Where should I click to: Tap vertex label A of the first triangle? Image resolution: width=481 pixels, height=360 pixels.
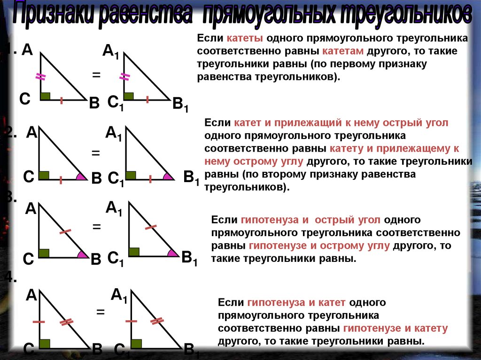(x=27, y=50)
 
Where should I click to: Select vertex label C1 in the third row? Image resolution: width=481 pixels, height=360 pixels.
(x=116, y=259)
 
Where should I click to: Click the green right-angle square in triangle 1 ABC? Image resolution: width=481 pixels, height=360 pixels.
(x=46, y=96)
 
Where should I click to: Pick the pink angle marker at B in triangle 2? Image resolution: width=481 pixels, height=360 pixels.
(x=82, y=176)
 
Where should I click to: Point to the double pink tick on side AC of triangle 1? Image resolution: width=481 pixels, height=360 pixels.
(x=40, y=77)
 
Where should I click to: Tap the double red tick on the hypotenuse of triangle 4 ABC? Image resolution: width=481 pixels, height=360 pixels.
(x=67, y=322)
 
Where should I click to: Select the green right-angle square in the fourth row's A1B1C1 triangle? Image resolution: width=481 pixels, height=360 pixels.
(x=136, y=343)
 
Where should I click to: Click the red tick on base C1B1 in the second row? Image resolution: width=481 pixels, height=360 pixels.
(x=150, y=178)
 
